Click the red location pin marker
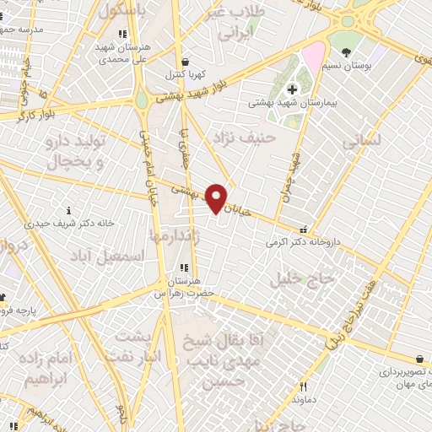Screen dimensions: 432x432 pyautogui.click(x=217, y=197)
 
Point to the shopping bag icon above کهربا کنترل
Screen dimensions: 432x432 pyautogui.click(x=185, y=62)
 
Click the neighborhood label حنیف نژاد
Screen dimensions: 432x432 pyautogui.click(x=246, y=135)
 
